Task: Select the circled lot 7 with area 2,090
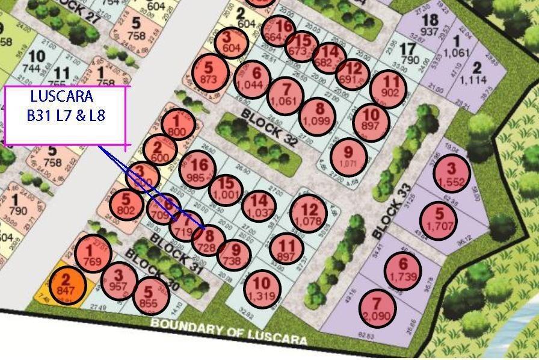pyautogui.click(x=378, y=308)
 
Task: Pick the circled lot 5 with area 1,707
pyautogui.click(x=438, y=220)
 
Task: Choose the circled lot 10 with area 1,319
pyautogui.click(x=262, y=288)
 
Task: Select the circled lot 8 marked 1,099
pyautogui.click(x=319, y=115)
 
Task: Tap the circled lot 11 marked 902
pyautogui.click(x=389, y=88)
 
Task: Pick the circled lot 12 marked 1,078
pyautogui.click(x=309, y=214)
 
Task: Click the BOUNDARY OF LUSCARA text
pyautogui.click(x=229, y=332)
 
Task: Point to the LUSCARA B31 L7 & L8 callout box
pyautogui.click(x=67, y=116)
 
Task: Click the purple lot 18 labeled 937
pyautogui.click(x=430, y=25)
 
